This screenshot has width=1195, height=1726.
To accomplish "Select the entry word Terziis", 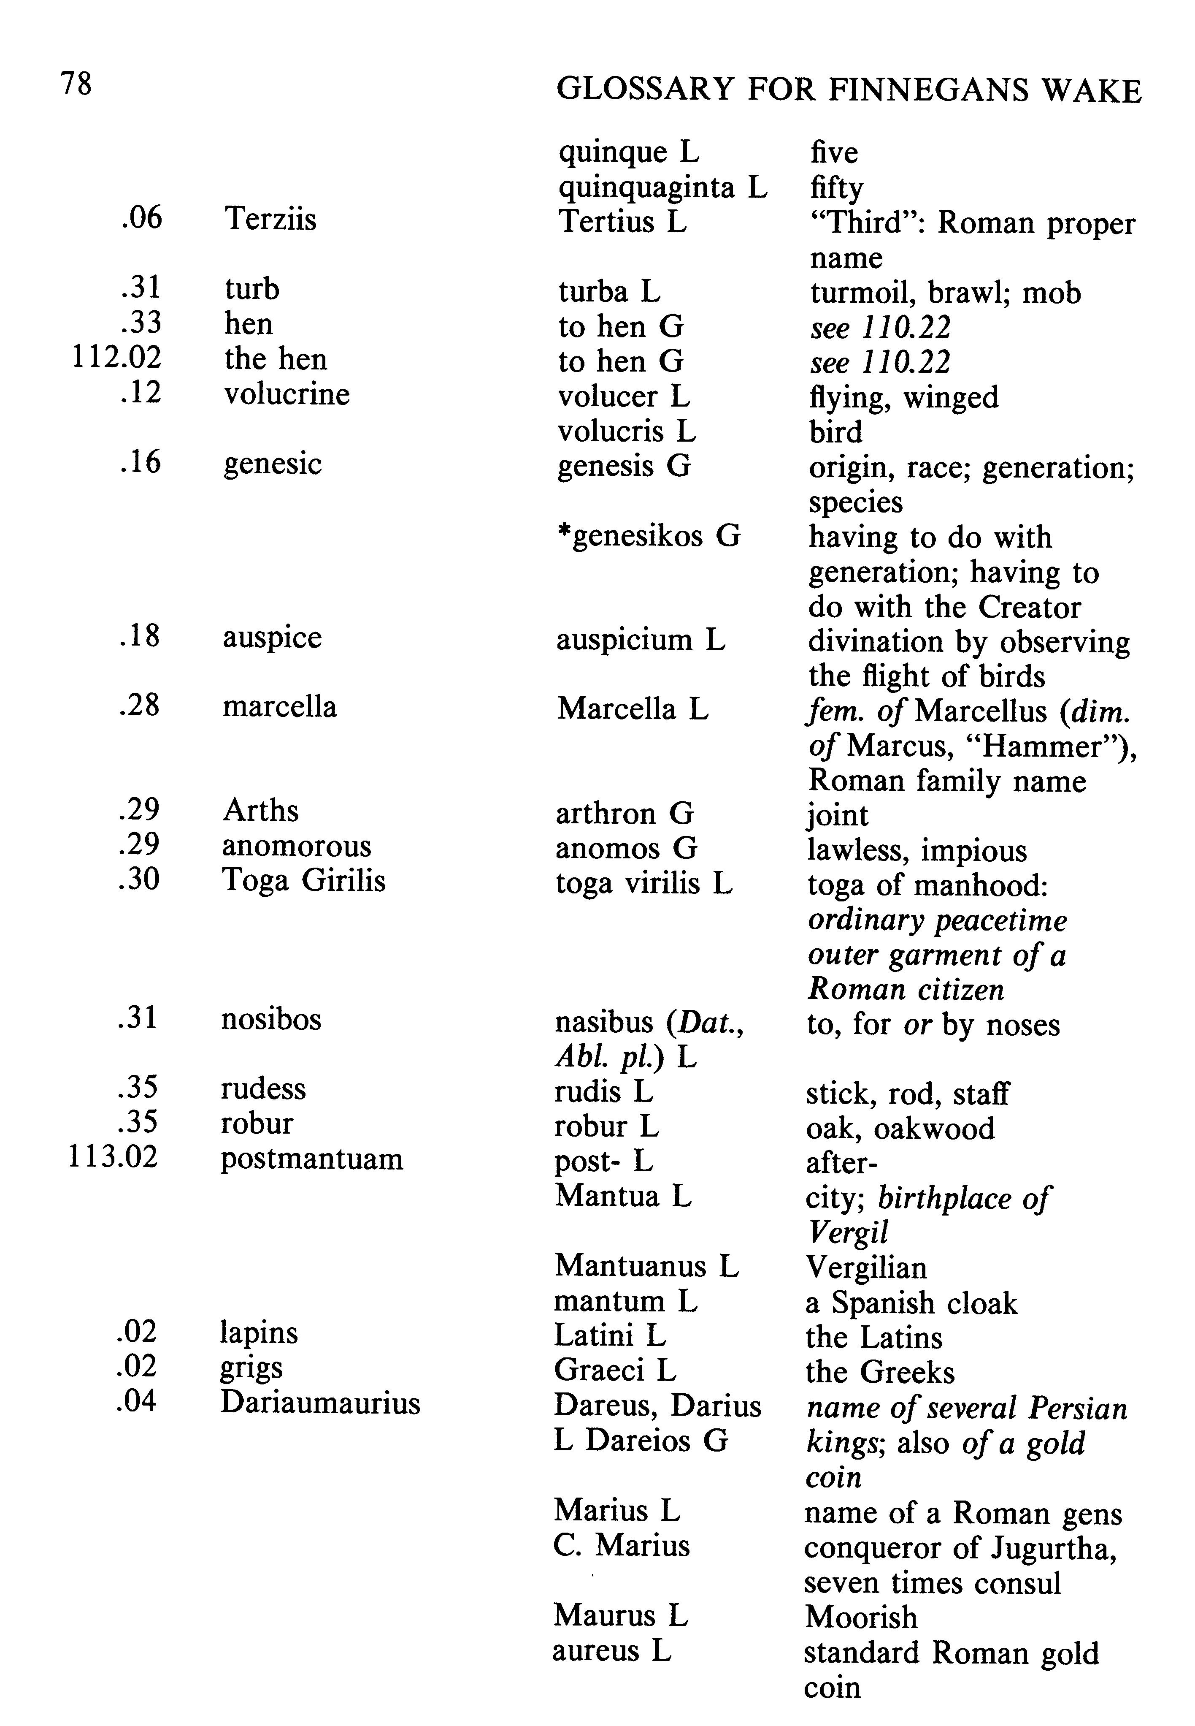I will [270, 220].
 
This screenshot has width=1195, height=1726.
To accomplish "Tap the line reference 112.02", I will [116, 358].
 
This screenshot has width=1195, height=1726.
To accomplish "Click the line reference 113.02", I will [113, 1157].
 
